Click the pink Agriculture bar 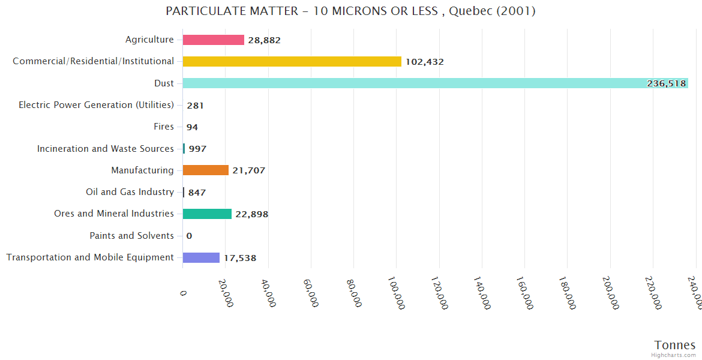click(x=213, y=40)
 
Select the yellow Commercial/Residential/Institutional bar click(x=292, y=61)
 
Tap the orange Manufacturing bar click(x=205, y=170)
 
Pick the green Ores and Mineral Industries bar click(x=207, y=214)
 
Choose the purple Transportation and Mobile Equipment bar click(x=201, y=257)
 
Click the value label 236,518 click(x=666, y=83)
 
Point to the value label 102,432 click(x=424, y=62)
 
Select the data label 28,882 click(x=264, y=40)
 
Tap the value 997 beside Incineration click(x=197, y=149)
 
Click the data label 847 click(x=197, y=193)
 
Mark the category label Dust click(x=164, y=83)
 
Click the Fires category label click(x=164, y=127)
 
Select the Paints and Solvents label click(x=131, y=236)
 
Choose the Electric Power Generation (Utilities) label click(x=96, y=105)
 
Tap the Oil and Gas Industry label click(x=130, y=192)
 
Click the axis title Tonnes click(x=674, y=345)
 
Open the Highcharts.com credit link click(x=673, y=355)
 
